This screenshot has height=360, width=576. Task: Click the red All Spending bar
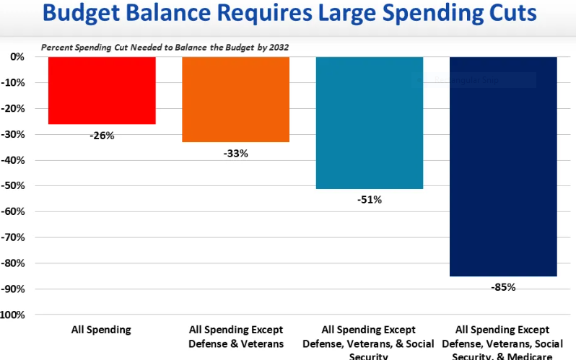[x=102, y=90]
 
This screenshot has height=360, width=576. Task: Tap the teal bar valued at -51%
[x=370, y=123]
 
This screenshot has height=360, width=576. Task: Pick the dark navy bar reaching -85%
[x=503, y=166]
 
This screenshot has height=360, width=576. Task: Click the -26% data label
[x=102, y=135]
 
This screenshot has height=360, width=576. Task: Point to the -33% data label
[x=235, y=153]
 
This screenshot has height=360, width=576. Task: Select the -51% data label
[x=370, y=199]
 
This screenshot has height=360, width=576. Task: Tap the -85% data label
[x=503, y=286]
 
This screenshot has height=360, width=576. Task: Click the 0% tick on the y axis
[x=17, y=57]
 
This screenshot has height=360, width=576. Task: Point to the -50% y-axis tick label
[x=14, y=185]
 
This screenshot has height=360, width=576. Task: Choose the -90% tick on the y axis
[x=14, y=289]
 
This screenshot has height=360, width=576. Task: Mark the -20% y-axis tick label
[x=14, y=108]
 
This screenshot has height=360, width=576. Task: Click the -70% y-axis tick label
[x=14, y=237]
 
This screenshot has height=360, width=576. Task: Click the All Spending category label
[x=102, y=330]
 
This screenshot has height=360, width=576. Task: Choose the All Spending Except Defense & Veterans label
[x=235, y=336]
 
